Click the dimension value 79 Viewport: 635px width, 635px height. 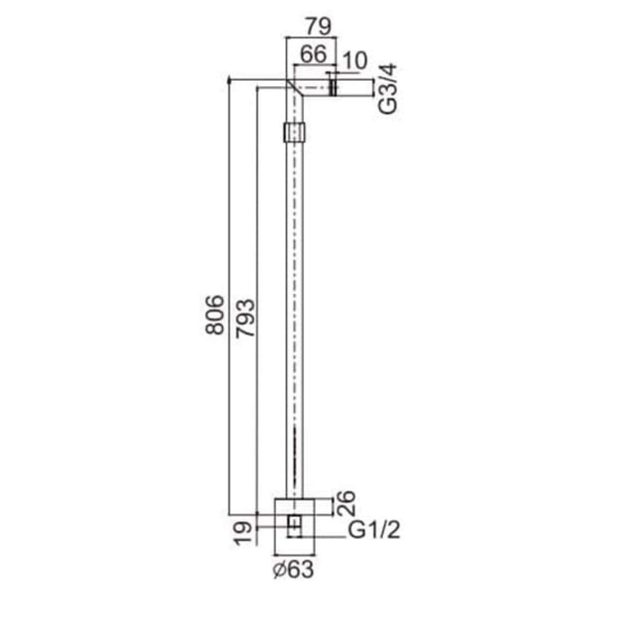(x=319, y=26)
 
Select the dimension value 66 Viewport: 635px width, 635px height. (x=313, y=54)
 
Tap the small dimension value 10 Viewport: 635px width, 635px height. (x=355, y=61)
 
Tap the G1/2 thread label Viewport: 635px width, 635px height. (x=374, y=530)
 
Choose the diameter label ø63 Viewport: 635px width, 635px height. (x=293, y=570)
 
